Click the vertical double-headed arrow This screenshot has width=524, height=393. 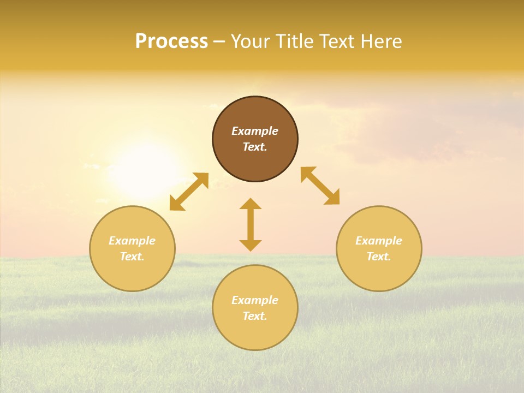251,224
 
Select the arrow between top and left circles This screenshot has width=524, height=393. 189,192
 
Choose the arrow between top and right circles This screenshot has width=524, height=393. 320,186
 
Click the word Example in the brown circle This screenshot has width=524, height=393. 255,131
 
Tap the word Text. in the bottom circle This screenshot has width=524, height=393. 255,316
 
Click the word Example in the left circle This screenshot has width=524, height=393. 132,241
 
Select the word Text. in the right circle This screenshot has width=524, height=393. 379,257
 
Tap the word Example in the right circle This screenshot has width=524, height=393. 379,241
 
